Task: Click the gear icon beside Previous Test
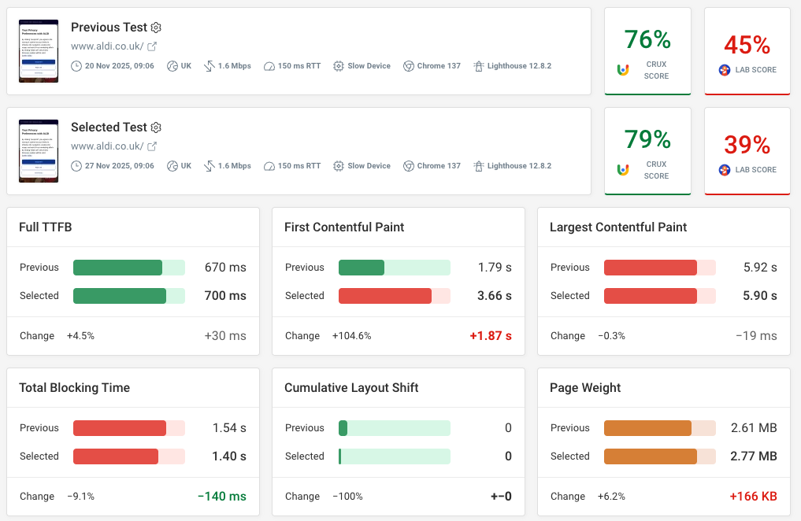coord(156,28)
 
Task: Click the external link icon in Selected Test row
coord(153,146)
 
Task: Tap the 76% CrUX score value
coord(647,39)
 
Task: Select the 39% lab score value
coord(747,145)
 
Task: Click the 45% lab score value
coord(747,45)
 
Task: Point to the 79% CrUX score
coord(647,139)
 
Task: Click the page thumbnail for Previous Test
coord(39,51)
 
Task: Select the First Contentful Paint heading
coord(344,227)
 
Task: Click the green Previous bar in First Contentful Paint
coord(362,268)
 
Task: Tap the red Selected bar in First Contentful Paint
coord(385,296)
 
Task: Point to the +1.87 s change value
coord(490,336)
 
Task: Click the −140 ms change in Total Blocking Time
coord(221,497)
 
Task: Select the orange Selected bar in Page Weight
coord(650,456)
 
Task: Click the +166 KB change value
coord(752,497)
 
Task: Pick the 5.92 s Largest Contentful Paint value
coord(760,268)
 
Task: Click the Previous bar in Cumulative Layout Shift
coord(343,428)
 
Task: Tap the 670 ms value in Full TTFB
coord(225,268)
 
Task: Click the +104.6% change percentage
coord(351,336)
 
